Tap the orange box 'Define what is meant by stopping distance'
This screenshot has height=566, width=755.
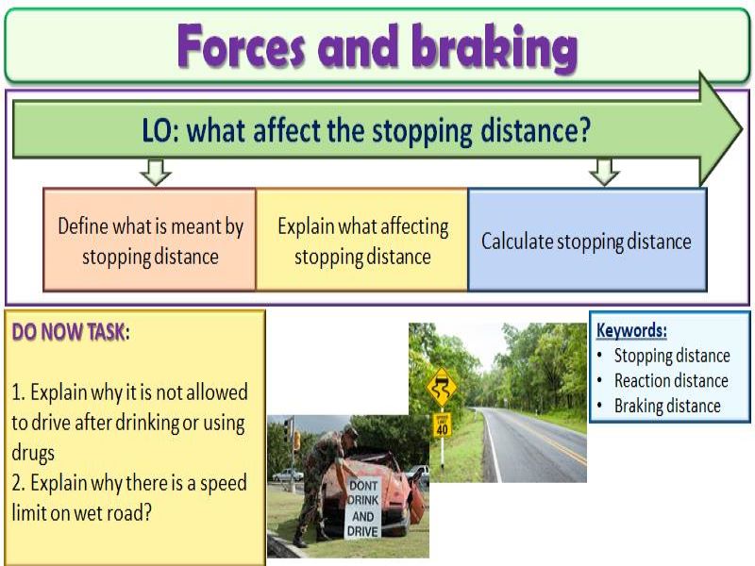[150, 240]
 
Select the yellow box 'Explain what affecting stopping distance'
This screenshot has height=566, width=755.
[362, 240]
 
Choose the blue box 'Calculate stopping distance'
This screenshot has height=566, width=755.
[586, 241]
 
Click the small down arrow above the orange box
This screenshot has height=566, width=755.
[154, 172]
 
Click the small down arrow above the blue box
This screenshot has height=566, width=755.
[603, 172]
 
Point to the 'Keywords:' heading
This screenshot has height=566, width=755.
[631, 331]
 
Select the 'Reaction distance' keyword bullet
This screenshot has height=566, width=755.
[670, 380]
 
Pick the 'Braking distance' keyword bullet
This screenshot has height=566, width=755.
[666, 406]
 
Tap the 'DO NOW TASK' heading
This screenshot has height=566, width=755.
[67, 333]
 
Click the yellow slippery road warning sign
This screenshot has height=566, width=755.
[441, 385]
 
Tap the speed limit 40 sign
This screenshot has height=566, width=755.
[442, 424]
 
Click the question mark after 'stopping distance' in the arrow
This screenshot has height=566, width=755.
[584, 130]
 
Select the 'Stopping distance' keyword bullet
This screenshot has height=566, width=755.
[671, 356]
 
